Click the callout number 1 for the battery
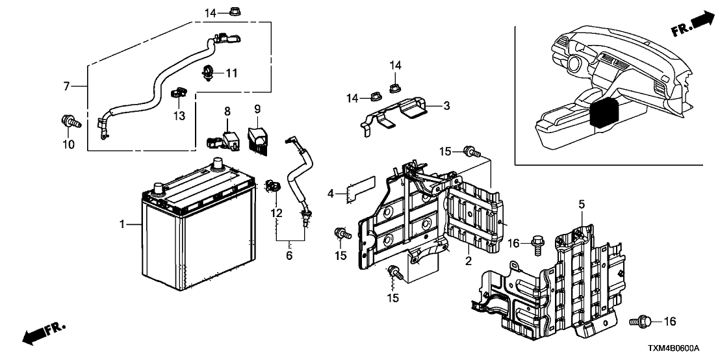[x=122, y=225]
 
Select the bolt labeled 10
[x=68, y=120]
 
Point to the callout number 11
[x=232, y=73]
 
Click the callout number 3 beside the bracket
[x=446, y=105]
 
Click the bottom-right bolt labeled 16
[x=639, y=321]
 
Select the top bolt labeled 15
[x=471, y=153]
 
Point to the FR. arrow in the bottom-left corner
[x=44, y=333]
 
